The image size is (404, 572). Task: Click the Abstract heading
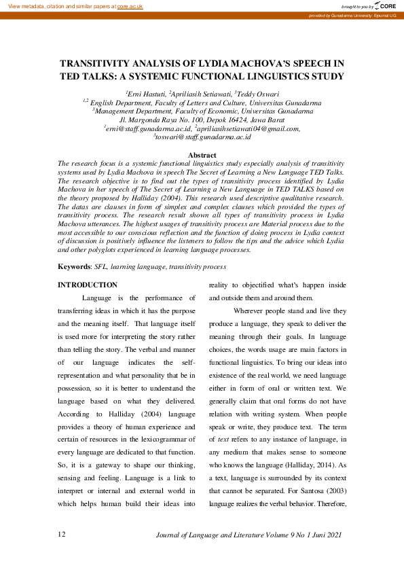[x=202, y=155]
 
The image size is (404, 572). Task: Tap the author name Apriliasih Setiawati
[x=200, y=93]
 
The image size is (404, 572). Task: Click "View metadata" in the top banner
[x=24, y=5]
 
